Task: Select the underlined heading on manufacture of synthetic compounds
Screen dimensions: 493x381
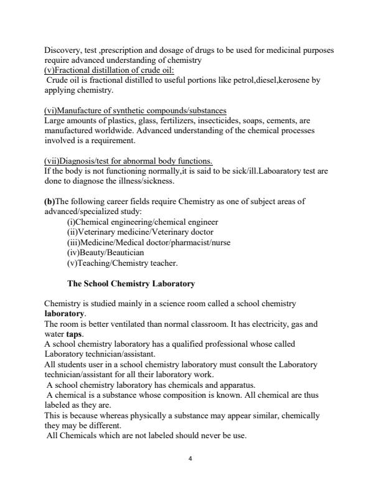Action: coord(135,110)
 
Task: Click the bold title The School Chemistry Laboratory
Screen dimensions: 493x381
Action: coord(131,284)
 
